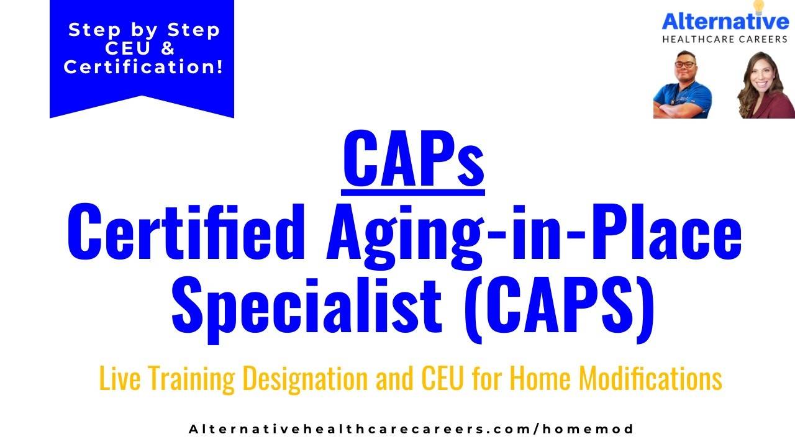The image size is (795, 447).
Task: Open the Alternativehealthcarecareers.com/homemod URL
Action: (411, 429)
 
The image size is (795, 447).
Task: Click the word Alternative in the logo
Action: (725, 22)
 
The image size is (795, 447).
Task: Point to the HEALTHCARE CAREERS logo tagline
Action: (725, 39)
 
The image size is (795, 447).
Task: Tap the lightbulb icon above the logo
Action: (758, 6)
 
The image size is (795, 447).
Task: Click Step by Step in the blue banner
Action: (144, 30)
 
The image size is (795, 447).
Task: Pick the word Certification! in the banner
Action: (143, 67)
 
